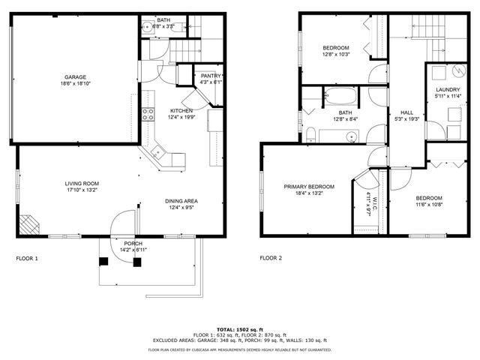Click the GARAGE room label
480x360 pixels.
click(x=74, y=76)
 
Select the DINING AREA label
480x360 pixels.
click(x=181, y=201)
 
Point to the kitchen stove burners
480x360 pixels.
click(x=148, y=114)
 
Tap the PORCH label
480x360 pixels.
click(x=133, y=243)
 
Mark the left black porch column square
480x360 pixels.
click(x=104, y=261)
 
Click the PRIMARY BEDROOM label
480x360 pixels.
click(x=308, y=186)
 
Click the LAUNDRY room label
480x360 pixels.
click(x=448, y=90)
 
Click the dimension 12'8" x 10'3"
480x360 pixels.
click(x=335, y=54)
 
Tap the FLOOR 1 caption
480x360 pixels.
click(x=27, y=258)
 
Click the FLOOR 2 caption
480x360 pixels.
click(x=271, y=258)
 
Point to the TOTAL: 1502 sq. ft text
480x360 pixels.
click(x=239, y=329)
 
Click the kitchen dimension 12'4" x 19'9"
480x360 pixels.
click(x=181, y=117)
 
